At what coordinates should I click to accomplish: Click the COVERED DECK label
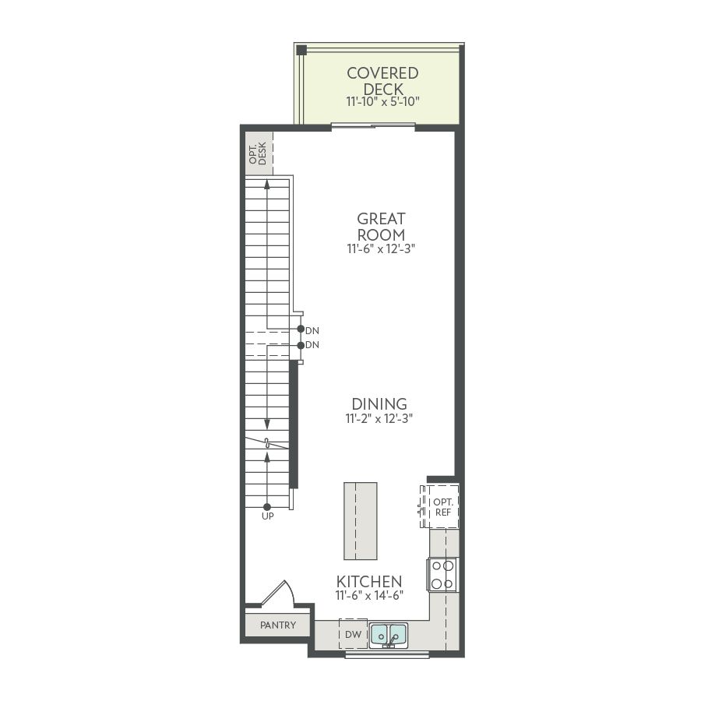[x=382, y=81]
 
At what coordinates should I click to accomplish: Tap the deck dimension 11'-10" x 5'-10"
[x=383, y=102]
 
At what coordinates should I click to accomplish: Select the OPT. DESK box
[x=259, y=153]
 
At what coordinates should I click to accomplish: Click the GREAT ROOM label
[x=381, y=227]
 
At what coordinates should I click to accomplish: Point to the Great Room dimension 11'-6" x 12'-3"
[x=382, y=249]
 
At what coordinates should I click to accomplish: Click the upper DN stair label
[x=312, y=331]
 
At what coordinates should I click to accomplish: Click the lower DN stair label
[x=312, y=345]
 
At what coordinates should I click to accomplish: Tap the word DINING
[x=379, y=404]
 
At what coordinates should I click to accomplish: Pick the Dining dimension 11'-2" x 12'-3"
[x=379, y=419]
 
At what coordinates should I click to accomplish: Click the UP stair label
[x=267, y=516]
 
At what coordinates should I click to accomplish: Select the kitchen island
[x=361, y=521]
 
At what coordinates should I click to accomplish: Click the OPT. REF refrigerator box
[x=440, y=506]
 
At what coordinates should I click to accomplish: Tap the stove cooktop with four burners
[x=442, y=575]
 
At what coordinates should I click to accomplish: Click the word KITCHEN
[x=369, y=582]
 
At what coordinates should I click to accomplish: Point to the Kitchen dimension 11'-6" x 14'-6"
[x=370, y=596]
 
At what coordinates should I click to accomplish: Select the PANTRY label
[x=278, y=625]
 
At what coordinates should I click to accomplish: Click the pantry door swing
[x=278, y=593]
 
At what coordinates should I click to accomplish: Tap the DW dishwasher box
[x=353, y=634]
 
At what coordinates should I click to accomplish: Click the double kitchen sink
[x=389, y=634]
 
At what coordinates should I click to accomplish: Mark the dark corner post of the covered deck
[x=301, y=50]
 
